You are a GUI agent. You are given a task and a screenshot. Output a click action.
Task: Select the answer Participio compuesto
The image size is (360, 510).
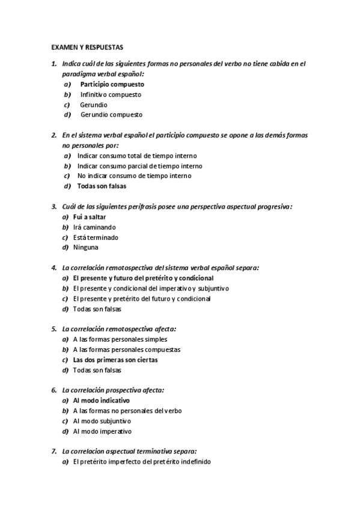(112, 84)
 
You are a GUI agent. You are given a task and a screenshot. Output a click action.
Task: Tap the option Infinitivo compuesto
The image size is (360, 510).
(111, 94)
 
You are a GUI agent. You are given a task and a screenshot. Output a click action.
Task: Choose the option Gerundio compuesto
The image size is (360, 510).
(111, 114)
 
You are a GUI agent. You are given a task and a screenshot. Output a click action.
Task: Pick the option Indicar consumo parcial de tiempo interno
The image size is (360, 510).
(139, 165)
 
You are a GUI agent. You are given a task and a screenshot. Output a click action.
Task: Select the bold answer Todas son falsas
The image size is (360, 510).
(102, 186)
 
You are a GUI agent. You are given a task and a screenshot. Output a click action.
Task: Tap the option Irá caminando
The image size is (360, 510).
(94, 227)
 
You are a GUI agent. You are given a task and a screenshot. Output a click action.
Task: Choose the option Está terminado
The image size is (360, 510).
(96, 238)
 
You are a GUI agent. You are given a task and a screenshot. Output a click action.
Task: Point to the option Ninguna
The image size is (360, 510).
(86, 247)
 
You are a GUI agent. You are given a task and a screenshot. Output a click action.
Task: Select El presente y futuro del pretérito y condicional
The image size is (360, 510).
(143, 278)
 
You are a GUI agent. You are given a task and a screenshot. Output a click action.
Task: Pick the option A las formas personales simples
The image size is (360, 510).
(120, 339)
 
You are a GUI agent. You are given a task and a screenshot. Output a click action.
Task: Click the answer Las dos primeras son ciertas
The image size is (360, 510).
(115, 360)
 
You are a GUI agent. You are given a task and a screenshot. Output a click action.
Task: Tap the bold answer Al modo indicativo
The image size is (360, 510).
(101, 400)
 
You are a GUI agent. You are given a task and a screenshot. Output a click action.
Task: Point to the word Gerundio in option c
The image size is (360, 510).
(94, 105)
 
